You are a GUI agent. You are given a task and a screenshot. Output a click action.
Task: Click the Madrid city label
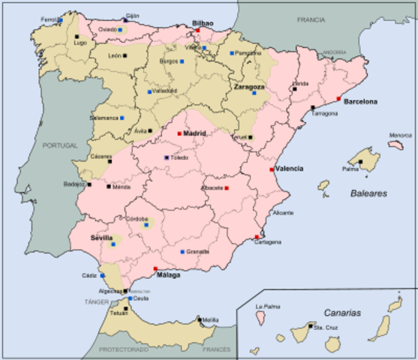[x=195, y=133]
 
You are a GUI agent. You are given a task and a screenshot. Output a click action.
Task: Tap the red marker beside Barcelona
[x=338, y=98]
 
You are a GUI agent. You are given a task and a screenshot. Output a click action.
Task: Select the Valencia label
[x=289, y=169]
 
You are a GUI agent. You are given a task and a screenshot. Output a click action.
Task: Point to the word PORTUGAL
[x=61, y=145]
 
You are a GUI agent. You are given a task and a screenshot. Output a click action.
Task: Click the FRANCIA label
[x=311, y=19]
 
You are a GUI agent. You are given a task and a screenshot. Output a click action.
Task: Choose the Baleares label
[x=368, y=193]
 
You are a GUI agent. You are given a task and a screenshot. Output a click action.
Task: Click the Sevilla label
[x=101, y=237]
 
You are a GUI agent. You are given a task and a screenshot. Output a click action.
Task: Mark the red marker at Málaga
[x=155, y=268]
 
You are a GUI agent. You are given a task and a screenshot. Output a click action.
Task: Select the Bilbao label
[x=203, y=24]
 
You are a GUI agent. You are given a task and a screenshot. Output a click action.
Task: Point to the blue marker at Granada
[x=182, y=252]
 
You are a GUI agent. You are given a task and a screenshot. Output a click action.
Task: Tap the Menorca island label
[x=400, y=136]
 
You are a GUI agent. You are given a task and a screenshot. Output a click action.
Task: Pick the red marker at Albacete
[x=227, y=188]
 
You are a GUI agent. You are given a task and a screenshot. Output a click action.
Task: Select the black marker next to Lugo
[x=77, y=36]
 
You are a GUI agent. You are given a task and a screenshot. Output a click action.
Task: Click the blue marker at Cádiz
[x=102, y=276]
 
